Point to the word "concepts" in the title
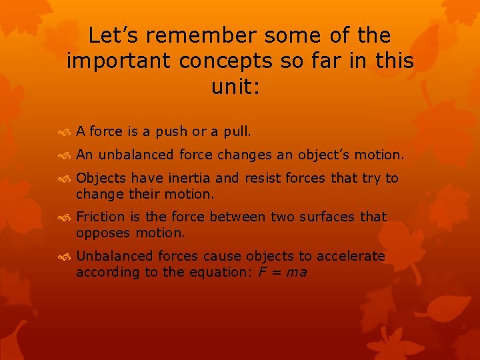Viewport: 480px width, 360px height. [235, 61]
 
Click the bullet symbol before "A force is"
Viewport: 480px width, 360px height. [65, 132]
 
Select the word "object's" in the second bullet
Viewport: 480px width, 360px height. [331, 155]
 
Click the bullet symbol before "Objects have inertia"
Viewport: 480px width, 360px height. [65, 179]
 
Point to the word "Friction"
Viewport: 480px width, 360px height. [100, 217]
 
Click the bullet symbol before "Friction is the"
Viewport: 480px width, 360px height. [65, 217]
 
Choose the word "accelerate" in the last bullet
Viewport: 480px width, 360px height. [351, 256]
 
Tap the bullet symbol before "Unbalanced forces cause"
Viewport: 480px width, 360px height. [65, 257]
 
